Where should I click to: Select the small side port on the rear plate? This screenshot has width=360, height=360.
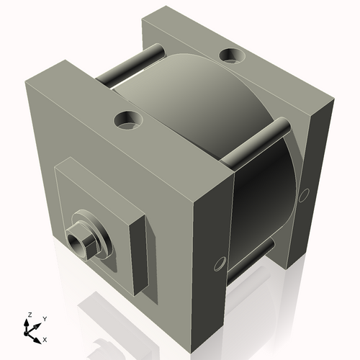(x=305, y=193)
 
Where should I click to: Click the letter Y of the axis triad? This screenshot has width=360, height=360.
(x=45, y=318)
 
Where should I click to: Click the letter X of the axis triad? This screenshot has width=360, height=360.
(x=45, y=338)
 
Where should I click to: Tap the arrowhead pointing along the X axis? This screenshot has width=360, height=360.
(x=38, y=337)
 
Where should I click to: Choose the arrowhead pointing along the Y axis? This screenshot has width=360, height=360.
(x=39, y=324)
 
